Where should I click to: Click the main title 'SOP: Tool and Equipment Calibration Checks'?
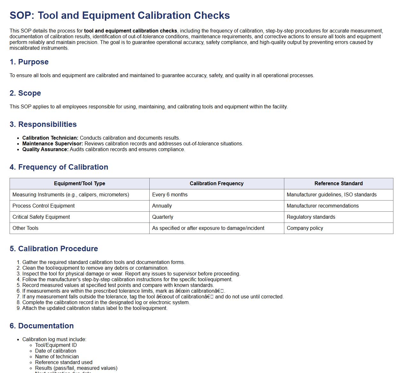pos(120,15)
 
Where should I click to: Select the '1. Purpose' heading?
pos(29,62)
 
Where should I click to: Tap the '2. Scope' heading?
pos(25,93)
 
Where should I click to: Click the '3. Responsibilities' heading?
pos(43,124)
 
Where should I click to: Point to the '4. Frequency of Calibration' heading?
pos(59,167)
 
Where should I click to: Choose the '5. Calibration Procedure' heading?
pos(54,249)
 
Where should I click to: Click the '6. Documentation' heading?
pos(41,326)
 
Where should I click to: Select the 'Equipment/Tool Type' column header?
pos(79,184)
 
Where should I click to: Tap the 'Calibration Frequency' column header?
pos(216,184)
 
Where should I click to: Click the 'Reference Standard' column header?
pos(338,184)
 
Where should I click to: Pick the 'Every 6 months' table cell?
pos(170,195)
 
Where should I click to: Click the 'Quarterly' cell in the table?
pos(163,217)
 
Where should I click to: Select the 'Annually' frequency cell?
pos(162,206)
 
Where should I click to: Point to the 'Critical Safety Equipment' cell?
pos(41,217)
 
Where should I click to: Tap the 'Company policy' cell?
pos(305,228)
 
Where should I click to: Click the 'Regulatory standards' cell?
pos(311,217)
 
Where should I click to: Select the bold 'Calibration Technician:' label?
pos(50,138)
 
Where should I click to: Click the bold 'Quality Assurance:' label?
pos(45,150)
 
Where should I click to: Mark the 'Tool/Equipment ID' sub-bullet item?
pos(56,345)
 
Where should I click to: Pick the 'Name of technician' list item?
pos(57,357)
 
